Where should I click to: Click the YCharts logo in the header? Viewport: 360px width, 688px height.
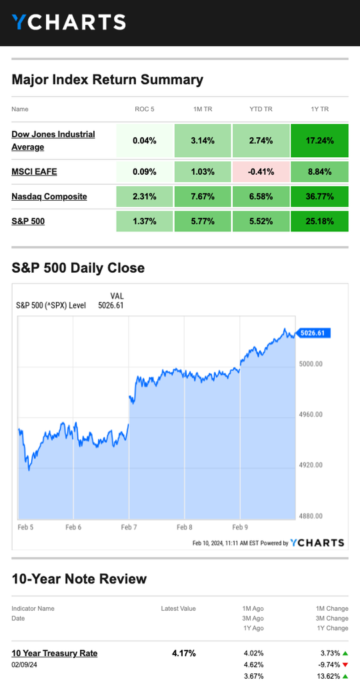click(x=69, y=22)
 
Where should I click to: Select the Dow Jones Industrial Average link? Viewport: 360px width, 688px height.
click(x=53, y=141)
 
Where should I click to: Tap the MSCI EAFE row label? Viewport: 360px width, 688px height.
click(x=34, y=171)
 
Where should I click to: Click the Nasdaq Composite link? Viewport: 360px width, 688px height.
click(x=49, y=196)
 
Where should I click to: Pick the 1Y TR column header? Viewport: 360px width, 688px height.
click(x=319, y=109)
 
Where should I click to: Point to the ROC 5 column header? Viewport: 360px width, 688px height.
click(x=145, y=109)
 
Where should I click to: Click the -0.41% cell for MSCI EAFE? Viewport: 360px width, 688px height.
click(x=261, y=171)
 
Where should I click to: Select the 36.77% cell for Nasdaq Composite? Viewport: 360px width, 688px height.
click(x=319, y=197)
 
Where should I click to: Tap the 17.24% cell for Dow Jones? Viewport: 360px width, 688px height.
click(x=319, y=141)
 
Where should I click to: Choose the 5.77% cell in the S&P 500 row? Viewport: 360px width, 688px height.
click(x=203, y=221)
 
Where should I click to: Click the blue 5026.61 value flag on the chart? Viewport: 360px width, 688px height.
click(x=313, y=333)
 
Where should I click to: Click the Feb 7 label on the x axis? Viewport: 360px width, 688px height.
click(x=129, y=527)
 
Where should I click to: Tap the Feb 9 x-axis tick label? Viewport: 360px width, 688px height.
click(x=240, y=527)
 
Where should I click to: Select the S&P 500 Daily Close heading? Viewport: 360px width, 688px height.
click(x=78, y=267)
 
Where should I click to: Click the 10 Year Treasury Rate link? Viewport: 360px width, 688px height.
click(x=55, y=653)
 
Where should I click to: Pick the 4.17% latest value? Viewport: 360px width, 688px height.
click(x=184, y=653)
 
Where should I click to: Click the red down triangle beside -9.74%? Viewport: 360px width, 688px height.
click(x=345, y=665)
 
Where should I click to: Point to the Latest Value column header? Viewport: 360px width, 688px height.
click(x=178, y=609)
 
